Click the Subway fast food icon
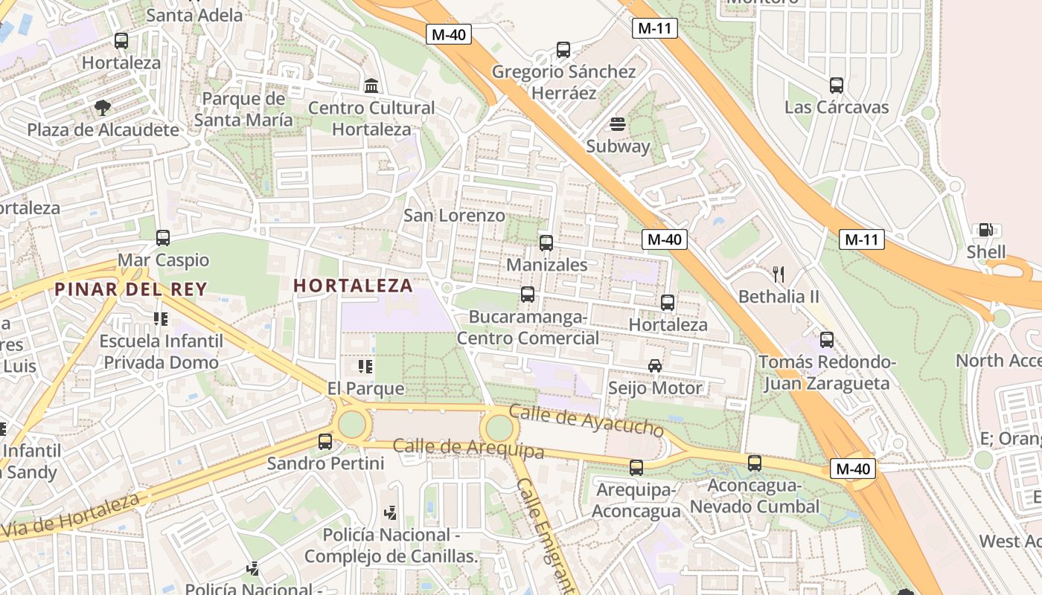point(617,123)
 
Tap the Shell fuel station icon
point(985,230)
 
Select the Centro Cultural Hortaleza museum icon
point(371,86)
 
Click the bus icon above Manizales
point(546,242)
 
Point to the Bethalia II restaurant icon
point(779,274)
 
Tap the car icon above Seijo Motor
point(655,365)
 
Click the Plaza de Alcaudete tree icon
point(103,108)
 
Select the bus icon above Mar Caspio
point(163,238)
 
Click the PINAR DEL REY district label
point(130,289)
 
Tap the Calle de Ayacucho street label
point(586,421)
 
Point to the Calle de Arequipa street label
point(468,448)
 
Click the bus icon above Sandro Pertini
point(325,441)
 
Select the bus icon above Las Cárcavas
point(837,85)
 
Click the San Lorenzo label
point(454,216)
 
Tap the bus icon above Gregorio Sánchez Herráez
point(563,50)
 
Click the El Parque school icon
point(365,366)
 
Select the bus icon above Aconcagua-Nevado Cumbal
point(755,463)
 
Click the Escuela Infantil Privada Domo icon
point(161,319)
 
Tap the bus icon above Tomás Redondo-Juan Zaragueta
point(827,340)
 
